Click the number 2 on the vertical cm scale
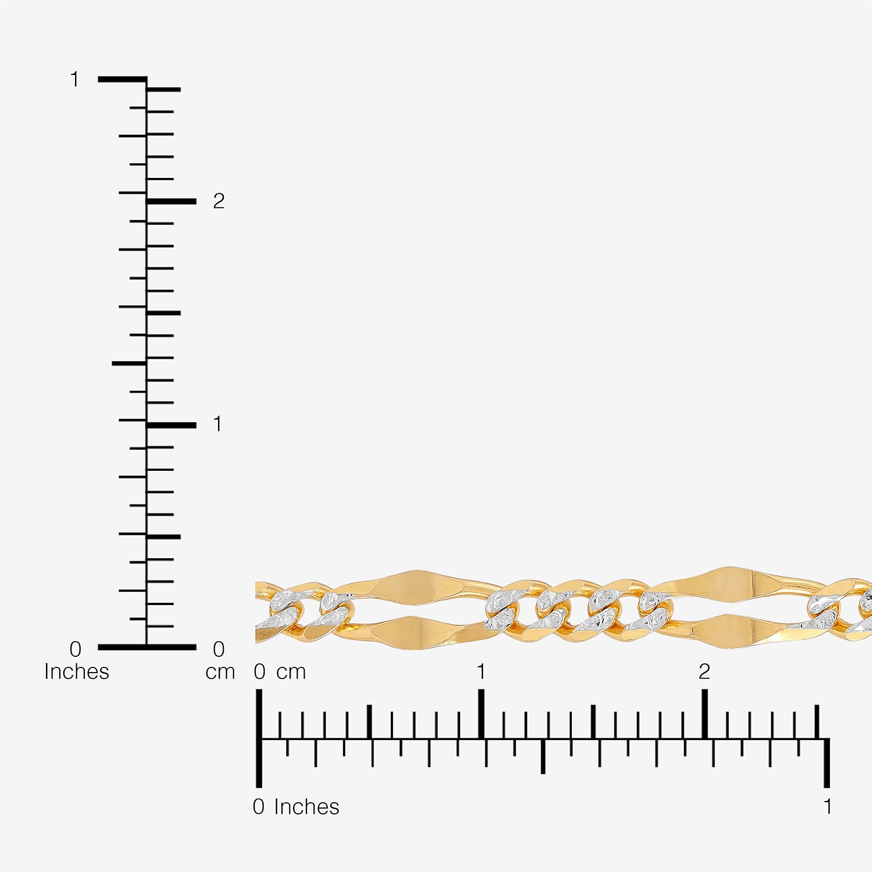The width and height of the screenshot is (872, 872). click(x=219, y=201)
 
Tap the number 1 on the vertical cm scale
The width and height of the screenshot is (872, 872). click(x=217, y=424)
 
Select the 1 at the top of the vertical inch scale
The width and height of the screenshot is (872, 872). click(x=74, y=79)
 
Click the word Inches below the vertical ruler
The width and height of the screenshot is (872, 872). click(x=77, y=671)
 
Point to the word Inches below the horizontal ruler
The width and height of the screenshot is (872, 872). click(x=306, y=806)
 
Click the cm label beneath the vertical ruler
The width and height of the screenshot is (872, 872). click(x=220, y=672)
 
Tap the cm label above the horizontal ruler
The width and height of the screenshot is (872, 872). click(x=291, y=672)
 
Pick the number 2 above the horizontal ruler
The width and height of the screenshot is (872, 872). click(x=705, y=671)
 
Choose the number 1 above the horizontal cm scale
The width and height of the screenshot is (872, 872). click(x=481, y=671)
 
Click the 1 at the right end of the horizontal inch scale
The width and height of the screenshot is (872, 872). click(x=827, y=806)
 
